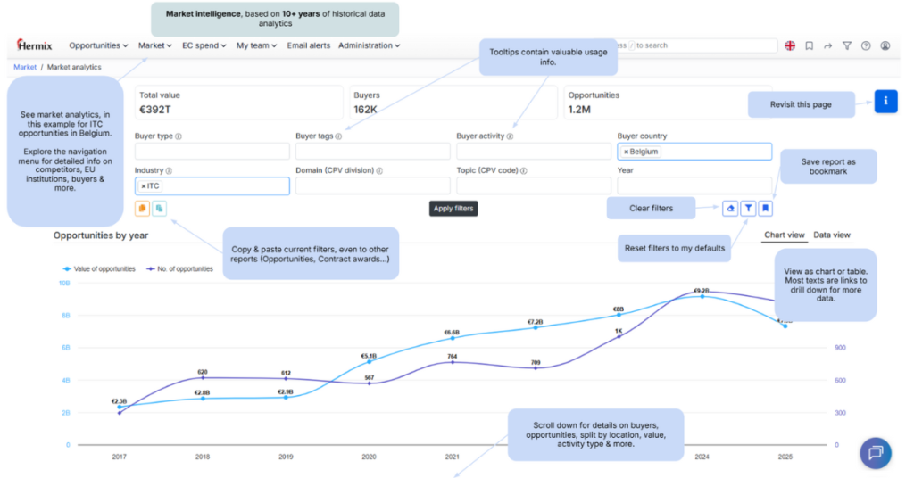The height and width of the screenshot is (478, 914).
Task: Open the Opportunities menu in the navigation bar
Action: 98,45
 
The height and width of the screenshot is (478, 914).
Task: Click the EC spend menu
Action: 204,45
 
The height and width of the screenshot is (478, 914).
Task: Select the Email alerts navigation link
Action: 308,45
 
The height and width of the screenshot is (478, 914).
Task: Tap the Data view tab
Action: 832,235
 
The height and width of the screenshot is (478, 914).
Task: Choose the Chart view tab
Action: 785,235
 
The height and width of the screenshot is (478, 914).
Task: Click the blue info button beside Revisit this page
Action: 885,101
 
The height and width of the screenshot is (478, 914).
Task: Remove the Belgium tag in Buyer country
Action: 626,152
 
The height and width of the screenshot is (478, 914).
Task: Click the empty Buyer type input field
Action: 212,152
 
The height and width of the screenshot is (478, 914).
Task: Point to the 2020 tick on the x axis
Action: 370,457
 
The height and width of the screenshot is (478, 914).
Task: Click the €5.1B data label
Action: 370,352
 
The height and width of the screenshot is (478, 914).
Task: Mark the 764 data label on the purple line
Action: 453,356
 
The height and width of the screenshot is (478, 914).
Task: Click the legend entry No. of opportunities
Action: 180,268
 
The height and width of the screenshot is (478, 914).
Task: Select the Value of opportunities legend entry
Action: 104,268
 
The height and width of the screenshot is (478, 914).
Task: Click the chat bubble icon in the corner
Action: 875,452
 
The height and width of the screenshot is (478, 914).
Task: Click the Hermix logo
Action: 37,45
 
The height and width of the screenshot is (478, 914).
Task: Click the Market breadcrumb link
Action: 25,67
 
